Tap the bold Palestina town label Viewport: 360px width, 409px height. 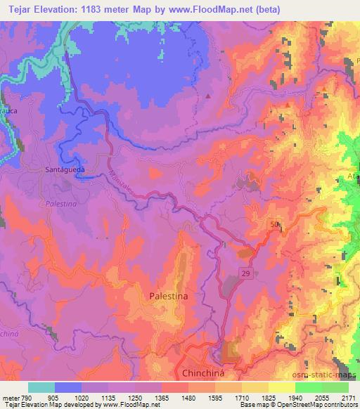point(169,297)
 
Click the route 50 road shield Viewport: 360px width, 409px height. point(273,223)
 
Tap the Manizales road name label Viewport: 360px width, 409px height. point(124,182)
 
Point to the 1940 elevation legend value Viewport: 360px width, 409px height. point(296,396)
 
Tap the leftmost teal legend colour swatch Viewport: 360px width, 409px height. point(41,387)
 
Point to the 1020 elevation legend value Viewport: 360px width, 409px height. point(83,396)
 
